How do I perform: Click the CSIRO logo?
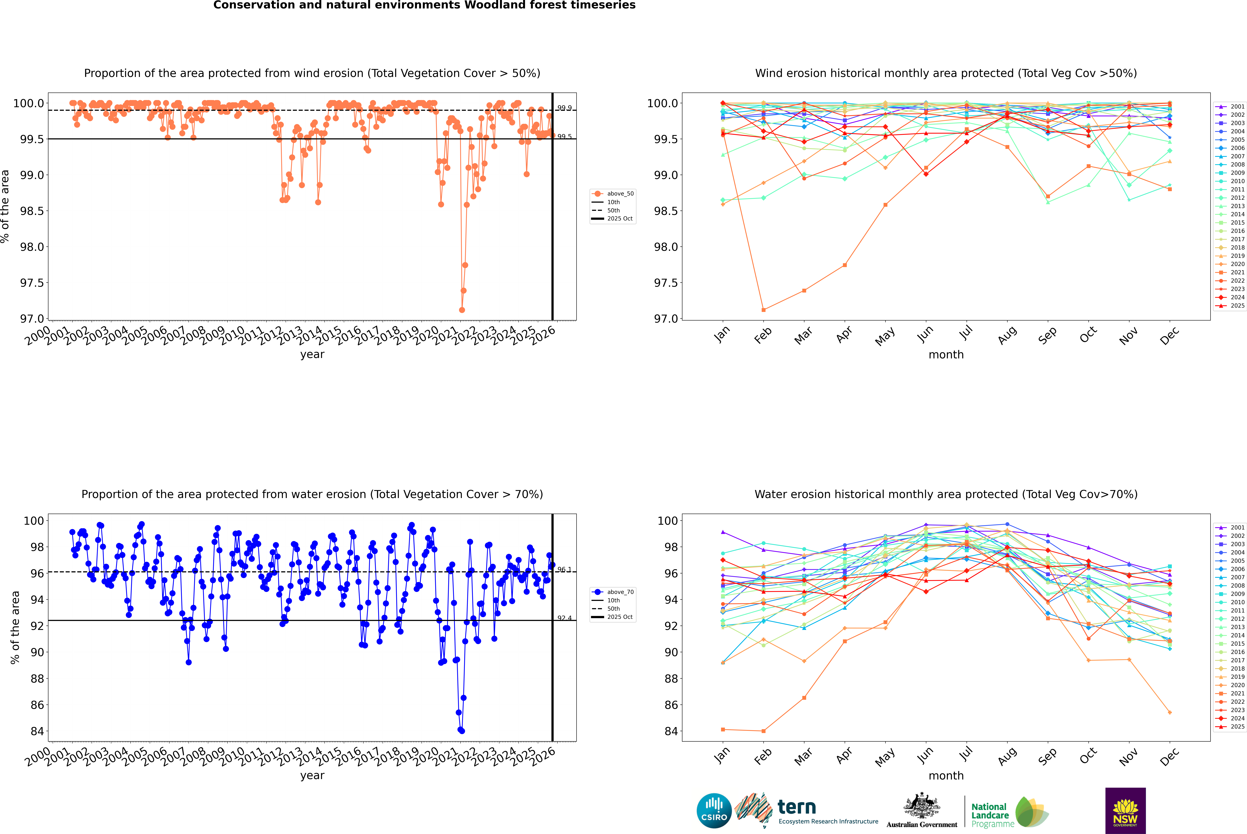[714, 811]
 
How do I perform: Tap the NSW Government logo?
[1125, 811]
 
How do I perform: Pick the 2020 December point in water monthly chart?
[1169, 712]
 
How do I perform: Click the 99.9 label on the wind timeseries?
[564, 108]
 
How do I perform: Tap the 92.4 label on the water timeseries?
[564, 618]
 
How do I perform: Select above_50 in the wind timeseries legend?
[620, 194]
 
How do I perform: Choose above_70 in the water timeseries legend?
[620, 592]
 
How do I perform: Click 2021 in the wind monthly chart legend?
[1237, 272]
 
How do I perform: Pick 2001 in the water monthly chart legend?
[1237, 528]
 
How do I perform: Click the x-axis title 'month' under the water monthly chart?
[946, 776]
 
